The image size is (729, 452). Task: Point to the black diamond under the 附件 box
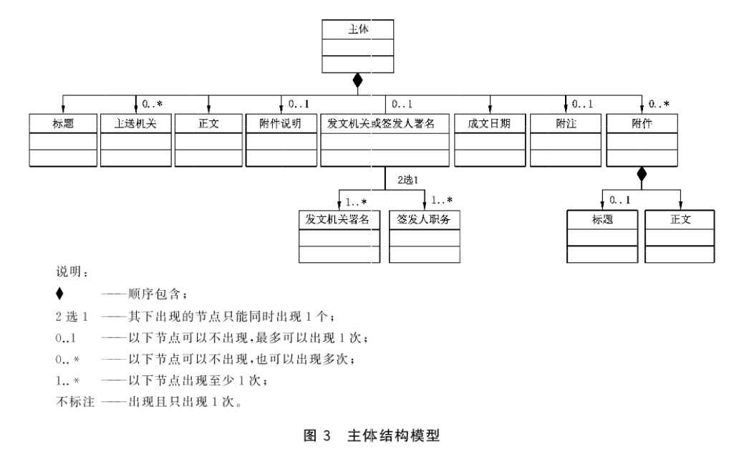pyautogui.click(x=641, y=173)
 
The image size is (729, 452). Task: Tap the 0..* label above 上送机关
pyautogui.click(x=156, y=104)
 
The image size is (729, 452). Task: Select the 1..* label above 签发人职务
pyautogui.click(x=442, y=200)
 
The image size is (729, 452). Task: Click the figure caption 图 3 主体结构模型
pyautogui.click(x=364, y=436)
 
